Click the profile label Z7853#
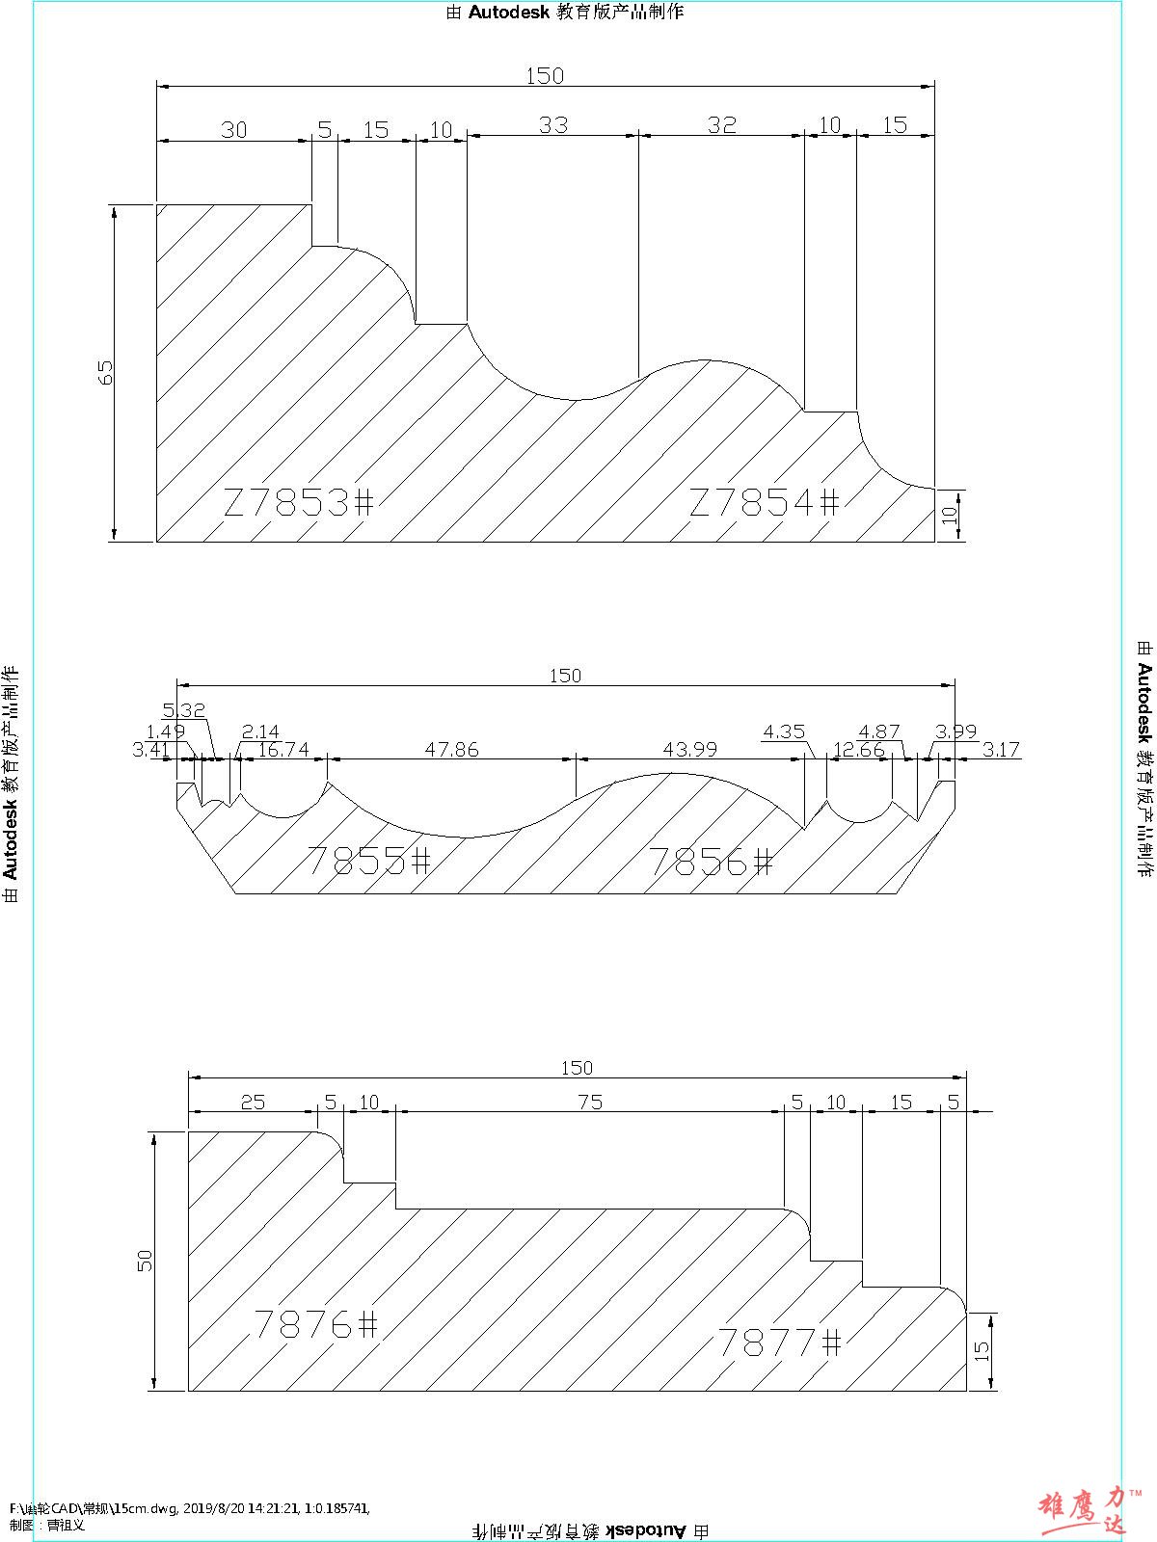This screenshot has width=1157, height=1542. coord(298,502)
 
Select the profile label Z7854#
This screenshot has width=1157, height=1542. coord(765,502)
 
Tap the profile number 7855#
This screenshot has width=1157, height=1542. coord(368,860)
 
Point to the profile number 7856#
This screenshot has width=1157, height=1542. coord(711,861)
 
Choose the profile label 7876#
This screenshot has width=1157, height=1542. coord(315,1324)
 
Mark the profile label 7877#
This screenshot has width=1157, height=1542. coord(780,1342)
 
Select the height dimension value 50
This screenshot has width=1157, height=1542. coord(146,1260)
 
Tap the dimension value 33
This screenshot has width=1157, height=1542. coord(553,125)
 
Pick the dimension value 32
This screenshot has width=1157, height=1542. coord(721,125)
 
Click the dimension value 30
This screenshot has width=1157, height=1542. coord(234,130)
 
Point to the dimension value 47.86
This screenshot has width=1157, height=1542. coord(451,749)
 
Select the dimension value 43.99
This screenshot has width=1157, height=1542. coord(690,749)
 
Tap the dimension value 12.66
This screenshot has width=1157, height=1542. coord(858,749)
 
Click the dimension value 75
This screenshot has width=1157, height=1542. coord(589,1102)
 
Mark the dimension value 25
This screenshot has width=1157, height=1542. coord(253,1102)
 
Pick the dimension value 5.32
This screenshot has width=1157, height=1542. coord(184,710)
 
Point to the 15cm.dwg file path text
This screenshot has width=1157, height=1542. coord(189,1508)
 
